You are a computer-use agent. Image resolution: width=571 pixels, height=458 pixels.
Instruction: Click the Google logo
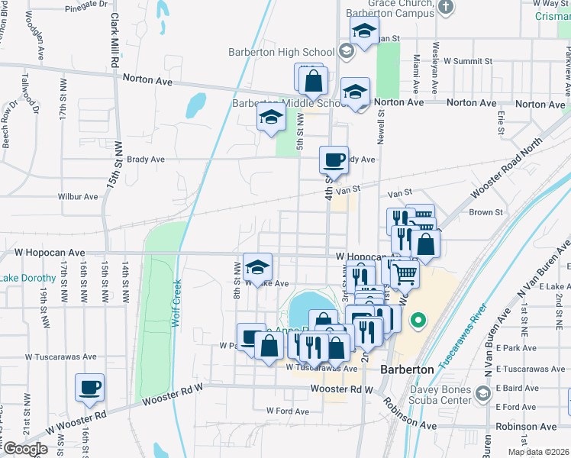(25, 449)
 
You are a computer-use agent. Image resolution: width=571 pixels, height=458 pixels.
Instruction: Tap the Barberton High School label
(282, 52)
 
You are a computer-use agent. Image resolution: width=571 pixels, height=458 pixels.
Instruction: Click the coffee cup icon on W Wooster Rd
(89, 386)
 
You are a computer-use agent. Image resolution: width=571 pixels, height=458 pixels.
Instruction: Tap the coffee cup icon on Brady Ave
(333, 160)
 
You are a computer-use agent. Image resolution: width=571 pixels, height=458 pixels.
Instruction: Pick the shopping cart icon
(406, 273)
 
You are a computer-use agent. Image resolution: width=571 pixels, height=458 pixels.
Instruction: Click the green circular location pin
(418, 319)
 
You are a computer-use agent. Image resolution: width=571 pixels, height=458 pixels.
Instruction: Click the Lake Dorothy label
(29, 279)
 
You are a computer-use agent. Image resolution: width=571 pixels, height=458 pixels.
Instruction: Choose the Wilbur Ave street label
(78, 196)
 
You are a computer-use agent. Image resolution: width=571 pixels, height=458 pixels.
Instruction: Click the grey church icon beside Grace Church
(447, 7)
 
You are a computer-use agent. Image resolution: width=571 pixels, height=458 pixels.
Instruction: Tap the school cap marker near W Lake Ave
(258, 266)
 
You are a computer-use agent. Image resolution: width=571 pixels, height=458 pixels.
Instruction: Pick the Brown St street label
(486, 212)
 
